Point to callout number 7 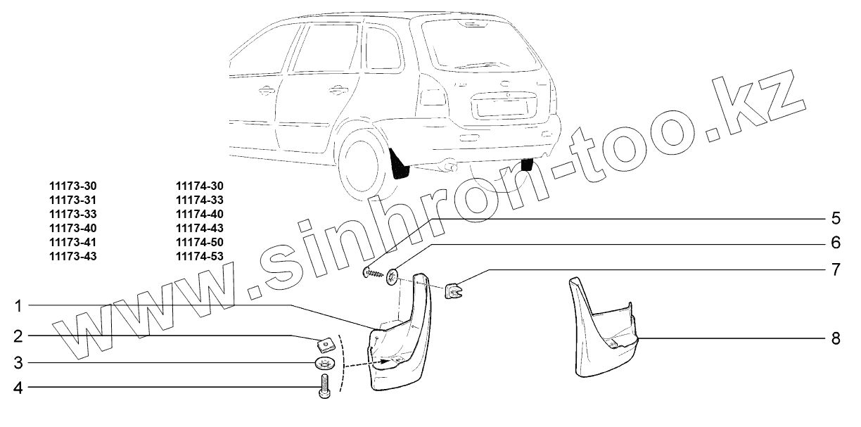[836, 269]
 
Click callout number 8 [836, 338]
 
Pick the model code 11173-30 [73, 186]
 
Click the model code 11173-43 [73, 256]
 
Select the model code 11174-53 [199, 256]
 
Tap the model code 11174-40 [199, 214]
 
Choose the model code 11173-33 [73, 214]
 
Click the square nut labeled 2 [325, 345]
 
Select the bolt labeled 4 [325, 386]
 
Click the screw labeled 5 [373, 273]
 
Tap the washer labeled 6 [391, 274]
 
